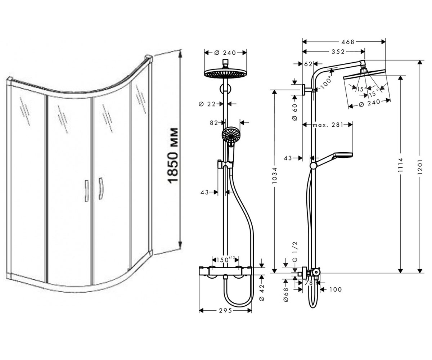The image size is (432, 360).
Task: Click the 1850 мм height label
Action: click(x=172, y=156)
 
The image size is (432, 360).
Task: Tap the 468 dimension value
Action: click(x=348, y=42)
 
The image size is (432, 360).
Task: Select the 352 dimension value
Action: click(x=338, y=52)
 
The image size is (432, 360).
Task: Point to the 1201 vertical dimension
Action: click(x=420, y=167)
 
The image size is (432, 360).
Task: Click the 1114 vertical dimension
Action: click(x=401, y=165)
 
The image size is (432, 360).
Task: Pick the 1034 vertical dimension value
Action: click(x=274, y=176)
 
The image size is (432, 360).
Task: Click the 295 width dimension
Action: click(x=225, y=311)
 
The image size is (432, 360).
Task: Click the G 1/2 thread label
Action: click(x=295, y=252)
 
